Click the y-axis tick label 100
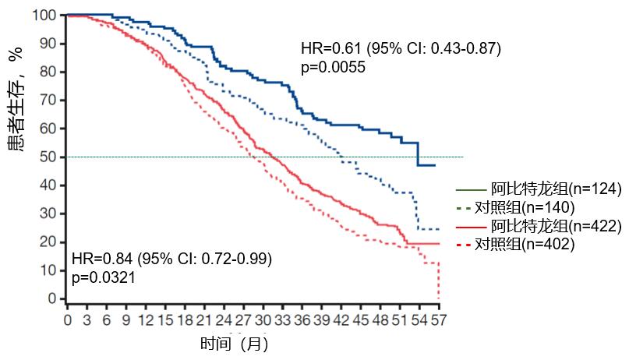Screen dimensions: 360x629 pos(46,15)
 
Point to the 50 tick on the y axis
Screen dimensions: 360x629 pos(49,157)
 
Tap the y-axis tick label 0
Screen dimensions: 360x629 pos(52,298)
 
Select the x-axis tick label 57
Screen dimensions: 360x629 pos(439,319)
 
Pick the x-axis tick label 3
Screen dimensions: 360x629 pos(87,319)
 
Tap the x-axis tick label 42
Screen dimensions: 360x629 pos(341,319)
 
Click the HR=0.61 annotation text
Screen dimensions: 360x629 pos(401,49)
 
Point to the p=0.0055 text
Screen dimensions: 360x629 pos(333,67)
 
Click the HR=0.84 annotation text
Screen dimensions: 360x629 pos(171,258)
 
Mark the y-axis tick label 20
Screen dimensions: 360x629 pos(49,242)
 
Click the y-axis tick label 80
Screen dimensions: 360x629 pos(49,72)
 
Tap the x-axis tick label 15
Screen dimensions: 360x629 pos(164,319)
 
